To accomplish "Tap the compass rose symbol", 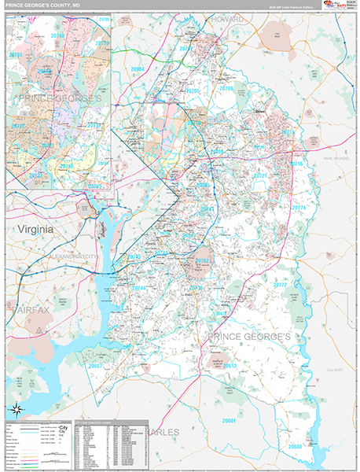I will [17, 407].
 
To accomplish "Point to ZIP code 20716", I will [296, 164].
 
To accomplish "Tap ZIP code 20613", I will [230, 365].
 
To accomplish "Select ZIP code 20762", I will [203, 260].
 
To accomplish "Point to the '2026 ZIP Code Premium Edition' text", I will [290, 6].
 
